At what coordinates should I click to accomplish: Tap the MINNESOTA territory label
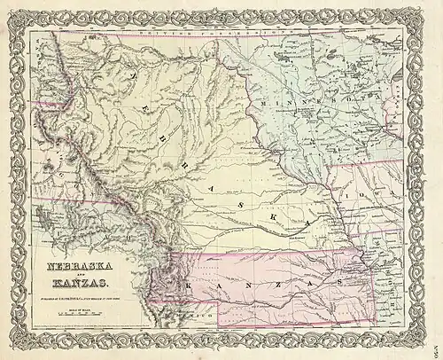click(x=306, y=107)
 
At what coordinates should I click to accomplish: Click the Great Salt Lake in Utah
click(x=44, y=214)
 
